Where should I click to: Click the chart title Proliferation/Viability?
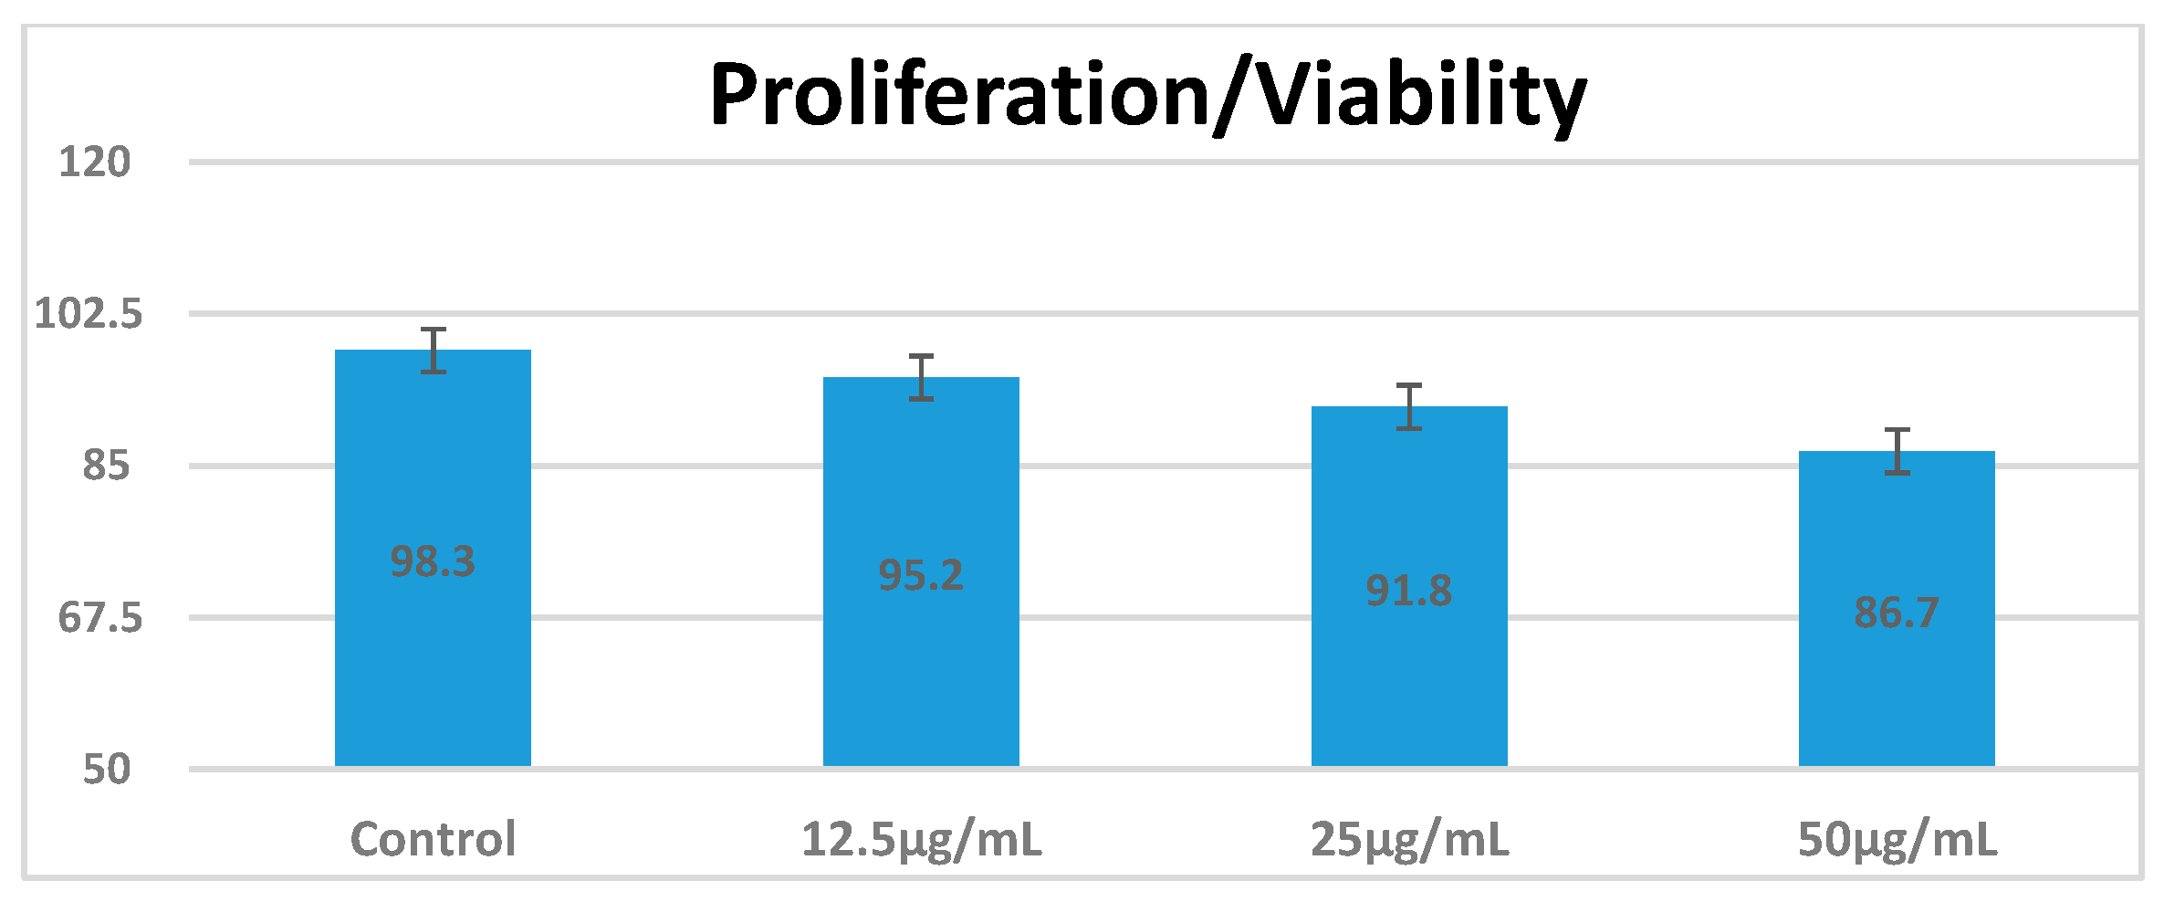tap(1148, 96)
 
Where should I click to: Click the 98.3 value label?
tap(433, 561)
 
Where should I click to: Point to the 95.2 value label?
tap(921, 575)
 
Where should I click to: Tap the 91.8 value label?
tap(1409, 591)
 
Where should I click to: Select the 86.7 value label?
tap(1897, 613)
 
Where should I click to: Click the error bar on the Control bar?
tap(434, 351)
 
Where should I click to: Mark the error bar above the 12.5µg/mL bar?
tap(922, 377)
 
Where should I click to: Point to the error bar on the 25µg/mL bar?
tap(1409, 406)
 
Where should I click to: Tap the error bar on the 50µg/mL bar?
tap(1897, 451)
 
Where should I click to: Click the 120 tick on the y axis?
tap(94, 163)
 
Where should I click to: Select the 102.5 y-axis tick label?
tap(89, 314)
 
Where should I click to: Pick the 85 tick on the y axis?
tap(106, 466)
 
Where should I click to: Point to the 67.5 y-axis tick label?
tap(100, 618)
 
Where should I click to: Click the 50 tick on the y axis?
tap(106, 770)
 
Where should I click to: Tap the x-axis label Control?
tap(433, 839)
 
